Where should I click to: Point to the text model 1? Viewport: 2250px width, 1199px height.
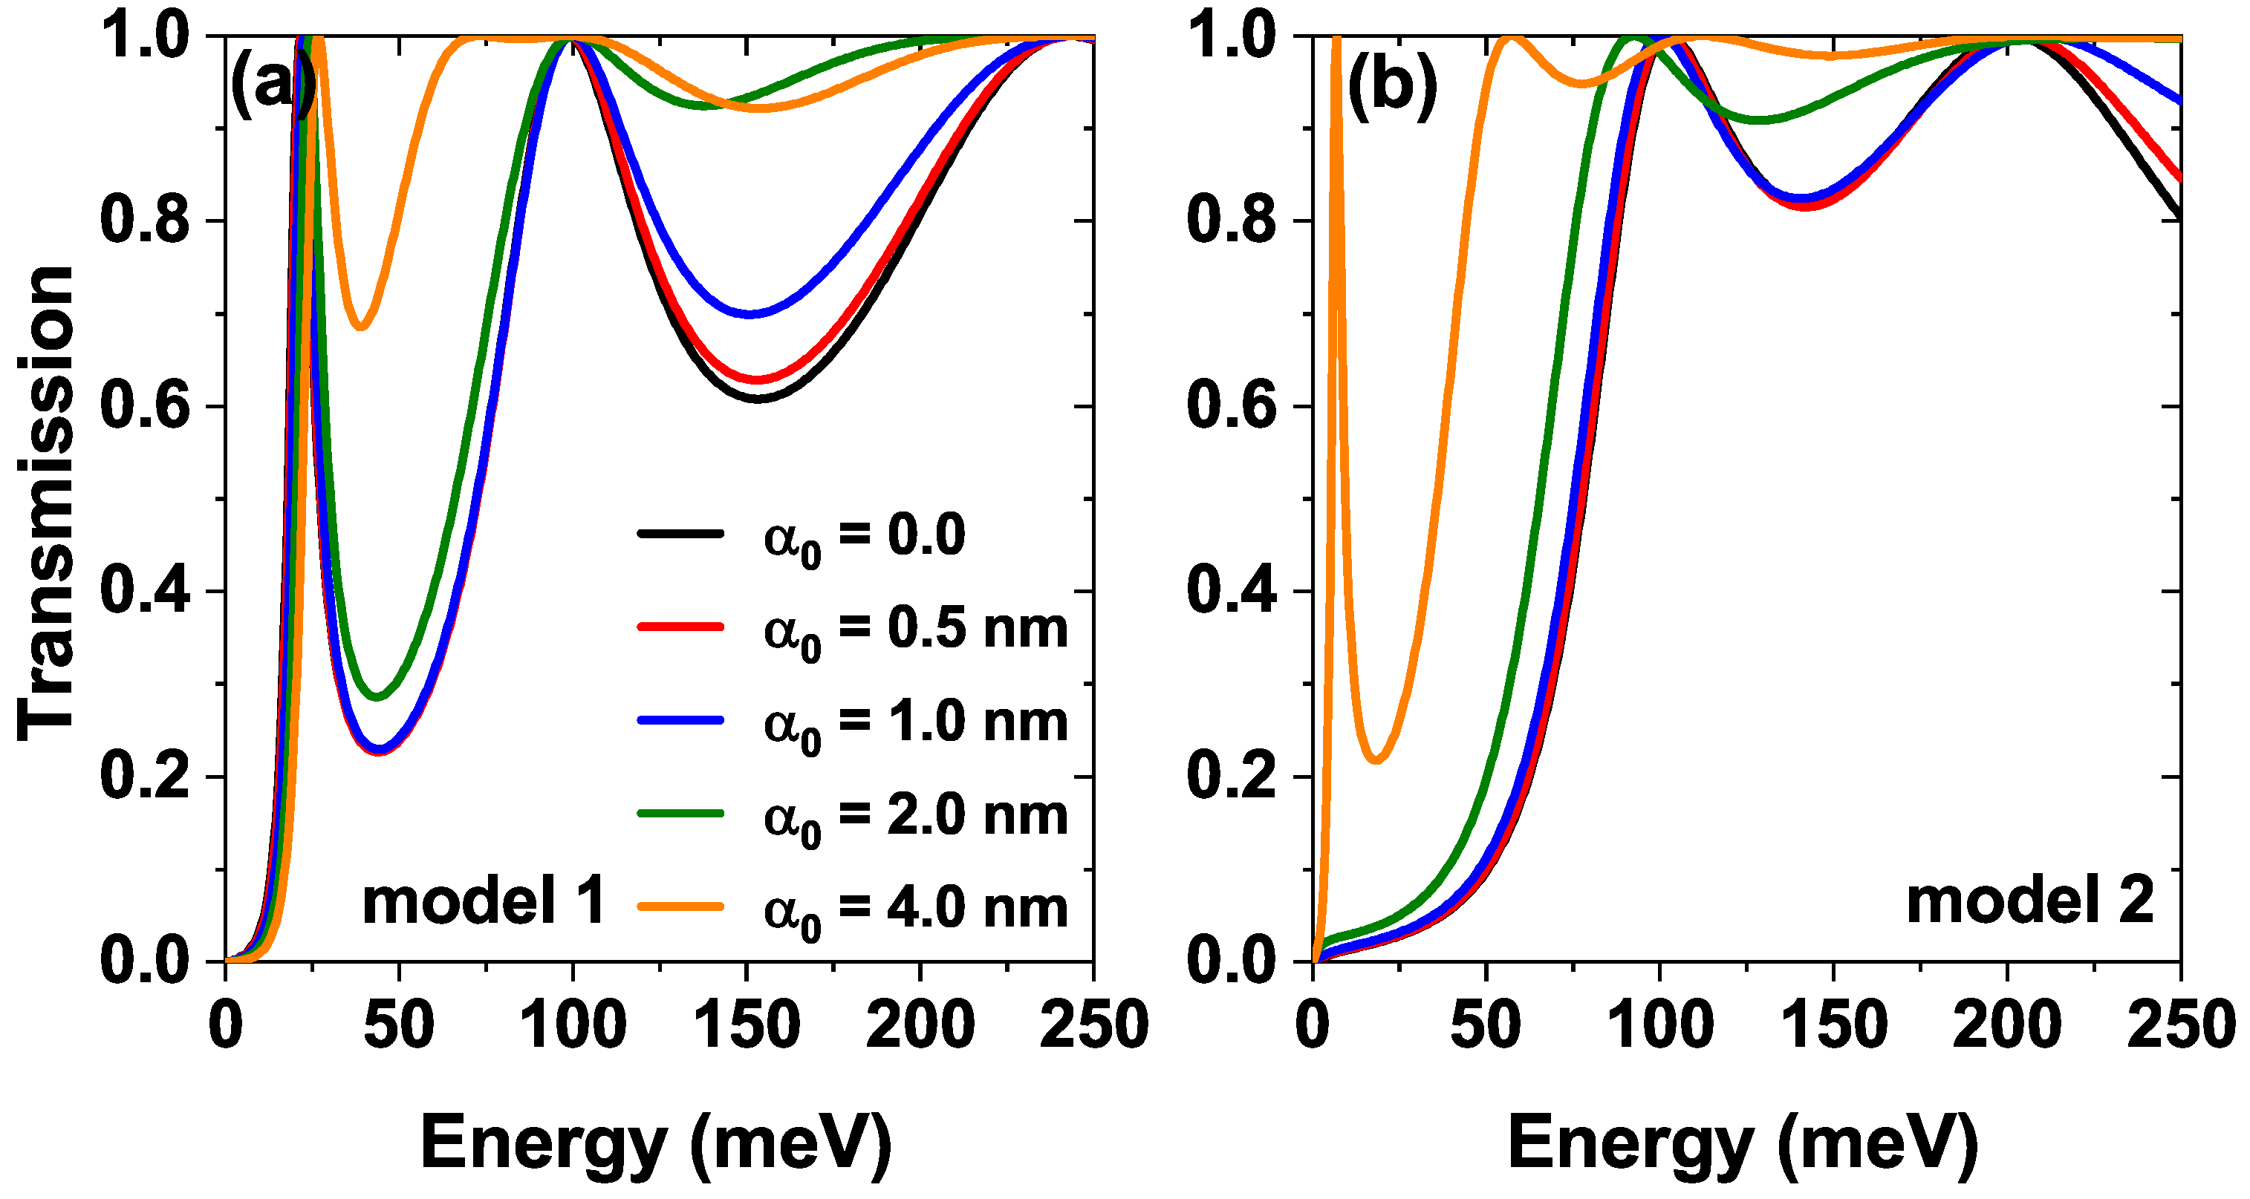point(484,901)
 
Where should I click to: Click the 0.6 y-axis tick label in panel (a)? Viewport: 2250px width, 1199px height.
point(145,406)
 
